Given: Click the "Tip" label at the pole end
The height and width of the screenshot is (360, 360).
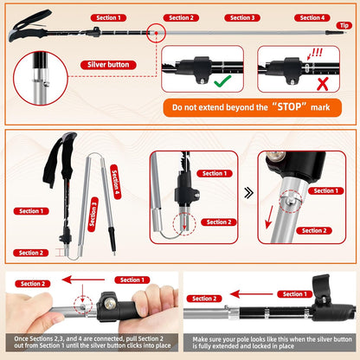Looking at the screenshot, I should (344, 26).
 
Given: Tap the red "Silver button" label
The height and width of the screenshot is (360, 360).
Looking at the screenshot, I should (108, 64).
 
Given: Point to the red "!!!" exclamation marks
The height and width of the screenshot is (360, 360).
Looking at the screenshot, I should (316, 53).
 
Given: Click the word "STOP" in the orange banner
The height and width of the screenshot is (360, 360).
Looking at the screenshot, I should (278, 108).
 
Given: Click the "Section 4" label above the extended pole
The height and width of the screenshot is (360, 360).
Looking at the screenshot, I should (312, 17).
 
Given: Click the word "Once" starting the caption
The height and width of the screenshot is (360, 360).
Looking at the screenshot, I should (19, 337).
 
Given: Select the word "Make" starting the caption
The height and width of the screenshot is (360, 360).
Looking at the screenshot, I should (202, 337).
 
